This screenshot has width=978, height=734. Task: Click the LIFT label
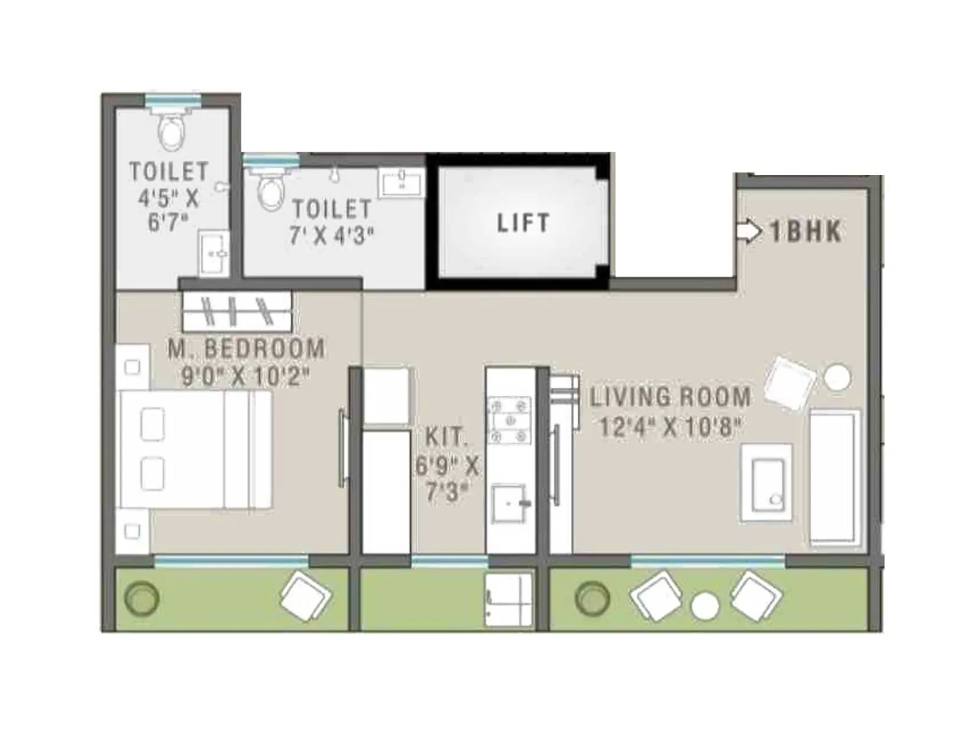coord(523,223)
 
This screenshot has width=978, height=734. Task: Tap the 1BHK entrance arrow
coord(749,231)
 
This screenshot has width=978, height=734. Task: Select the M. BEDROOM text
coord(246,349)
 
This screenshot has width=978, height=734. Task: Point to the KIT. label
coord(446,437)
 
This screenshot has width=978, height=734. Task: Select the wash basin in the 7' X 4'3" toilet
coord(402,182)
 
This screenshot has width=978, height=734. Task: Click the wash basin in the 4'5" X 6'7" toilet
coord(214,253)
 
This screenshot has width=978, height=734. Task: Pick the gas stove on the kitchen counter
coord(509,420)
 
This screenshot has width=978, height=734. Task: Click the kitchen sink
coord(509,503)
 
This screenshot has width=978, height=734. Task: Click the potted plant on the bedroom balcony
coord(142,598)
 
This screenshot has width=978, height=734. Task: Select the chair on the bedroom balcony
coord(306,596)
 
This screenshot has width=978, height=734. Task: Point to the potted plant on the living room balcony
coord(592,598)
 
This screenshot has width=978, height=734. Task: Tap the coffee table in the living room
coord(767,483)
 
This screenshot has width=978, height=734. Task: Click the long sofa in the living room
coord(835,476)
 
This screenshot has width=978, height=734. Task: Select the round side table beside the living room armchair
coord(837,377)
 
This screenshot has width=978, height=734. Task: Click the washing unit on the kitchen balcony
coord(508,599)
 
